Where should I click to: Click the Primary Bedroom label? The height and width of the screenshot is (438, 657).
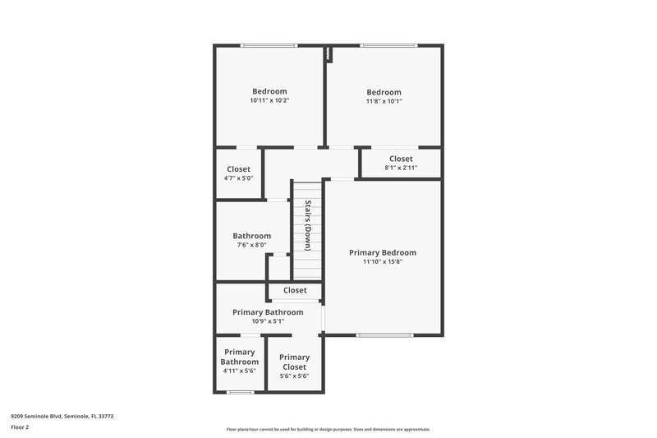[x=383, y=252]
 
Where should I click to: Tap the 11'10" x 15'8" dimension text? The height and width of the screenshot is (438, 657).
[x=383, y=262]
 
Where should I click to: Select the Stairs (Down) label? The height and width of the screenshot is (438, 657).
[x=308, y=224]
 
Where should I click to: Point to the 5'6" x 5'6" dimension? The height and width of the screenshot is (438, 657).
[x=294, y=376]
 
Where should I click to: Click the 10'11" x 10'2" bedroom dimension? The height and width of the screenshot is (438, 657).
[x=269, y=100]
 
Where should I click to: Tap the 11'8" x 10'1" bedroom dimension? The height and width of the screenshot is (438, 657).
[x=384, y=101]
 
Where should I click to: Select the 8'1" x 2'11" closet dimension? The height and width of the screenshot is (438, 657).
[x=401, y=168]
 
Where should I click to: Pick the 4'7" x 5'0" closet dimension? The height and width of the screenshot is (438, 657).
[x=239, y=178]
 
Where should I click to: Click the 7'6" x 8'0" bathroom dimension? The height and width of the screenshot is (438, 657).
[x=251, y=245]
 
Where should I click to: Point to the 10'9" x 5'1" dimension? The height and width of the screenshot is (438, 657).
[x=268, y=321]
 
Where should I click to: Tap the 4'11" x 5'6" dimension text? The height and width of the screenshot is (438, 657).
[x=240, y=371]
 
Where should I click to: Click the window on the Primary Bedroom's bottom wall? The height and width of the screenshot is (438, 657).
[x=384, y=335]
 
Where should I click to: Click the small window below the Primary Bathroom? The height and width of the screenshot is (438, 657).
[x=239, y=392]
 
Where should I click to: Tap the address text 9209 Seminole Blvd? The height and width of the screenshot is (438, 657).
[x=62, y=417]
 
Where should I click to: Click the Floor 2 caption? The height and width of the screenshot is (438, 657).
[x=20, y=427]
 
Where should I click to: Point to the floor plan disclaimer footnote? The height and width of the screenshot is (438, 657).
[x=328, y=429]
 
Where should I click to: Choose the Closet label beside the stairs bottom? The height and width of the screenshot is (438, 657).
[x=295, y=290]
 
